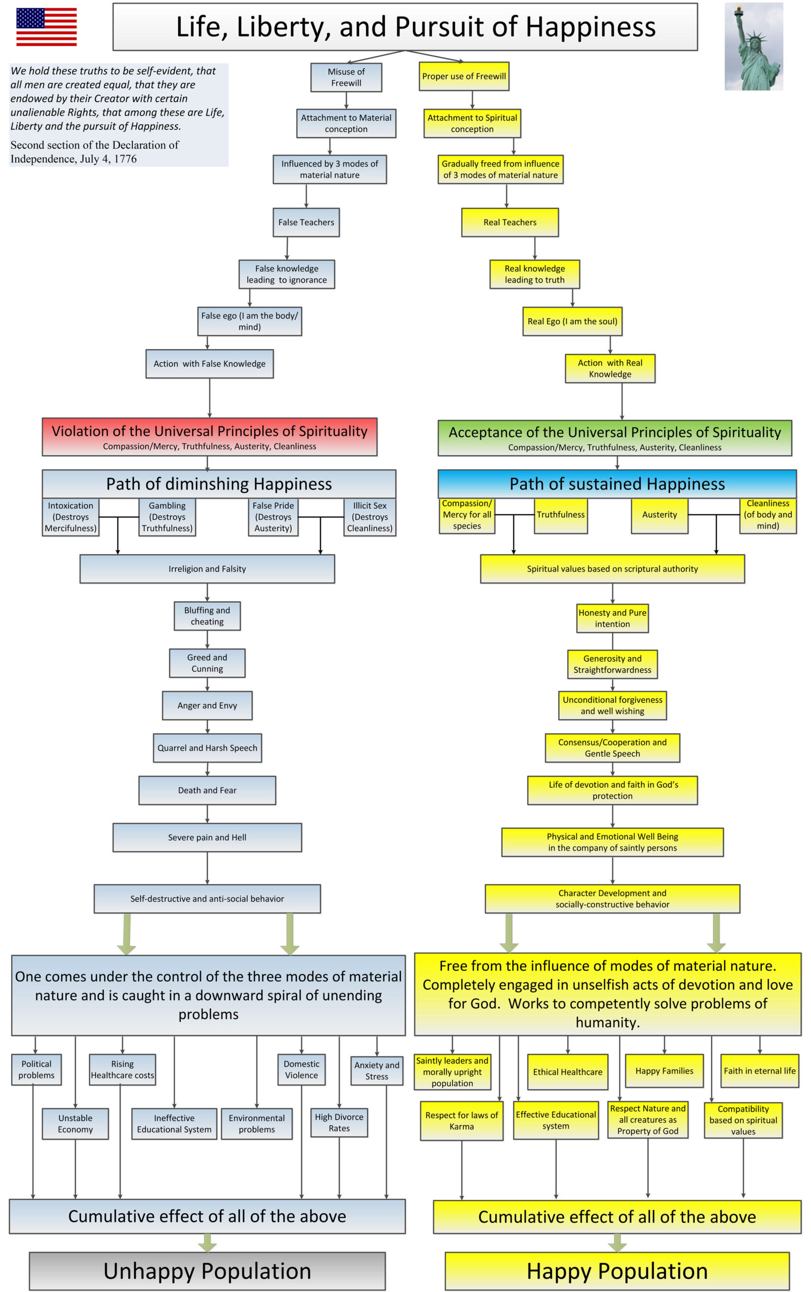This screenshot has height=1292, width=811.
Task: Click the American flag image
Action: (46, 27)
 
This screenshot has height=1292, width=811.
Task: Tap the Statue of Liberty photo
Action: (753, 46)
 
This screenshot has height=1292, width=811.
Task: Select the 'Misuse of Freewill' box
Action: (346, 77)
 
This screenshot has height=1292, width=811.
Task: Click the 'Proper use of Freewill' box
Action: (464, 76)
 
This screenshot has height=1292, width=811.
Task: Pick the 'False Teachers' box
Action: (306, 222)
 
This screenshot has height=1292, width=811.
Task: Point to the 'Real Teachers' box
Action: (510, 222)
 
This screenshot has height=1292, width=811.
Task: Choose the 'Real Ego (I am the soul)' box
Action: (572, 321)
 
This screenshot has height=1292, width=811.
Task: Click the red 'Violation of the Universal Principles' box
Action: (210, 437)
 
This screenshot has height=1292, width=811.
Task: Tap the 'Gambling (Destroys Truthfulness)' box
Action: (168, 517)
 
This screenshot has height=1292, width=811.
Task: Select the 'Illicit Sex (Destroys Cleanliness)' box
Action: (369, 517)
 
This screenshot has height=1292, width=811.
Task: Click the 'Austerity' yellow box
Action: (660, 515)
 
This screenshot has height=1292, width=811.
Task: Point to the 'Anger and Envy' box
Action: (207, 705)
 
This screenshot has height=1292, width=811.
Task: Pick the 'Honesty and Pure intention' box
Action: (613, 618)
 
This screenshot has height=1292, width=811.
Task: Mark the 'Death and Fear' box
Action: (207, 790)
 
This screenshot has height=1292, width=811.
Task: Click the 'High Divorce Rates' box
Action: (339, 1122)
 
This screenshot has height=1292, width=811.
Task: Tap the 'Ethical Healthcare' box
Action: (567, 1071)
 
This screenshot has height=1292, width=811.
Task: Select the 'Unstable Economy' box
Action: (75, 1123)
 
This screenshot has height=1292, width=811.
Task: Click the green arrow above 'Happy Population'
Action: (617, 1242)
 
